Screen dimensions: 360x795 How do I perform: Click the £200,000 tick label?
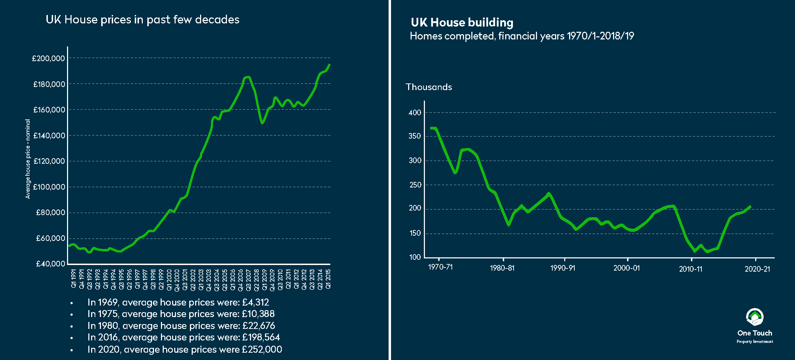click(49, 58)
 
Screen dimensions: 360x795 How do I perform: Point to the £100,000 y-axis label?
click(49, 187)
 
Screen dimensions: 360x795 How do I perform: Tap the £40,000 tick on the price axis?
click(50, 264)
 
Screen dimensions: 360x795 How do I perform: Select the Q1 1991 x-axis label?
click(73, 279)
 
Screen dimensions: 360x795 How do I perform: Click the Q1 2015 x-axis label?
click(328, 279)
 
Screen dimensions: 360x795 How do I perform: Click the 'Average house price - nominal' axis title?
click(28, 159)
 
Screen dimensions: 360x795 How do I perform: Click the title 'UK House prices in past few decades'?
click(142, 20)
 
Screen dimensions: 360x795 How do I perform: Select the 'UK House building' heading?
click(462, 23)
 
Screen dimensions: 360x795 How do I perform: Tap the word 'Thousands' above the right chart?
click(429, 87)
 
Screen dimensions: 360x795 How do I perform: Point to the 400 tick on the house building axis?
click(415, 113)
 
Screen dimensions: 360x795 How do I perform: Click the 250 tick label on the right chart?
click(415, 185)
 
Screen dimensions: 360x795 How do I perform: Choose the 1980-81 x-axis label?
click(502, 268)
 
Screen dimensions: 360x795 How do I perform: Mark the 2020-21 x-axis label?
click(757, 269)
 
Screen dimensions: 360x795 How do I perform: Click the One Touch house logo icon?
click(754, 317)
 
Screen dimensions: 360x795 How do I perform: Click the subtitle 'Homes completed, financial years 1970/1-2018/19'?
click(522, 36)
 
